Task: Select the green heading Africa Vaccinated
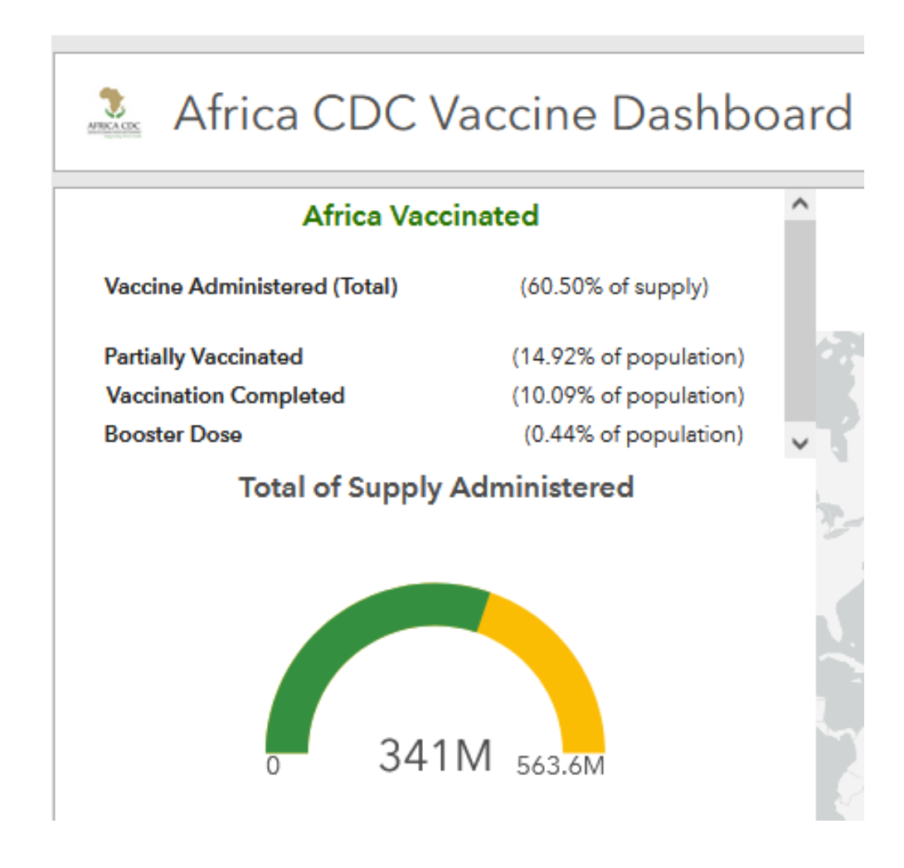pyautogui.click(x=420, y=216)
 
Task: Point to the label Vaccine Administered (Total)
pyautogui.click(x=251, y=287)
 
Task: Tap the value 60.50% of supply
pyautogui.click(x=615, y=287)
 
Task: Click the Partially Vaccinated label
pyautogui.click(x=203, y=357)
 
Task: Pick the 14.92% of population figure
pyautogui.click(x=628, y=357)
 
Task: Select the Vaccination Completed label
pyautogui.click(x=225, y=396)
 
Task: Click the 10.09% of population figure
pyautogui.click(x=628, y=396)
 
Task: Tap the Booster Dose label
pyautogui.click(x=173, y=434)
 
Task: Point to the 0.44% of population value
pyautogui.click(x=634, y=434)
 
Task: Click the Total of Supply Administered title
pyautogui.click(x=436, y=487)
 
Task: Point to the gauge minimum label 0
pyautogui.click(x=273, y=765)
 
